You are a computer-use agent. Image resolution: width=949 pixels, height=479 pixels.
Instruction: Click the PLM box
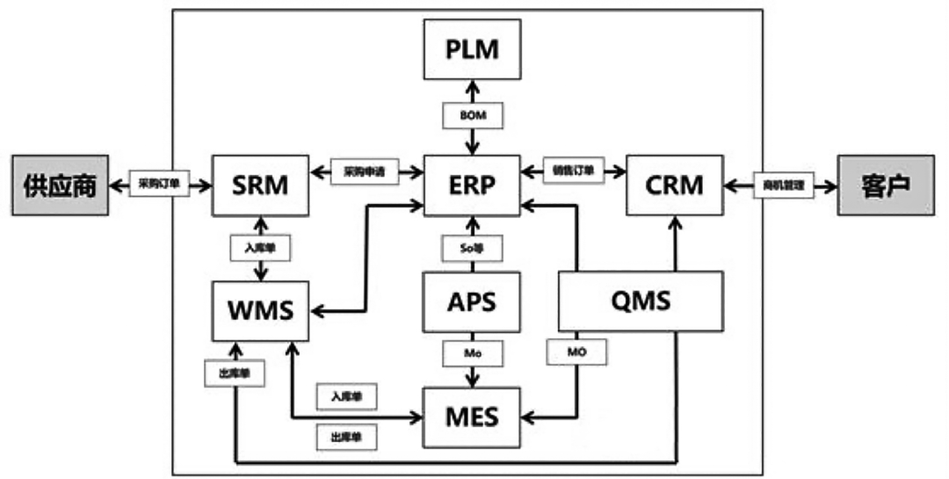472,49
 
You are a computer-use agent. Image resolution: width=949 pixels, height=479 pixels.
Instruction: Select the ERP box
472,185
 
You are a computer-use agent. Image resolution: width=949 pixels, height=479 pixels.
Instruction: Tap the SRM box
260,185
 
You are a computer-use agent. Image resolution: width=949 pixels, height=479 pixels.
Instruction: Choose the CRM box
674,185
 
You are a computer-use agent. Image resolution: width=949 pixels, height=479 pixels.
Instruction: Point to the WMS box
260,310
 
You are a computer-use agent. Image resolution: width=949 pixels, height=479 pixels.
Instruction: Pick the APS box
472,301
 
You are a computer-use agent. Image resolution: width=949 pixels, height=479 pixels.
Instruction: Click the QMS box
641,301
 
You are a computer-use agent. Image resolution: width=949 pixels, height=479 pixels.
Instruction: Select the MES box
472,416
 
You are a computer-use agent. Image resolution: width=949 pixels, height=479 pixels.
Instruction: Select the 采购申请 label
365,172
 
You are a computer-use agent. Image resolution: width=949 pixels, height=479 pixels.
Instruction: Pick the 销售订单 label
575,171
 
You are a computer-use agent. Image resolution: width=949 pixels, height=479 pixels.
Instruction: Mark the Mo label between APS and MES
472,352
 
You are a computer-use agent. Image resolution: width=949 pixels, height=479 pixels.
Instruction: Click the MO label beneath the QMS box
576,352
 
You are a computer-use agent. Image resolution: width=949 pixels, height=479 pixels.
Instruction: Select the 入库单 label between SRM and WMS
260,248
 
